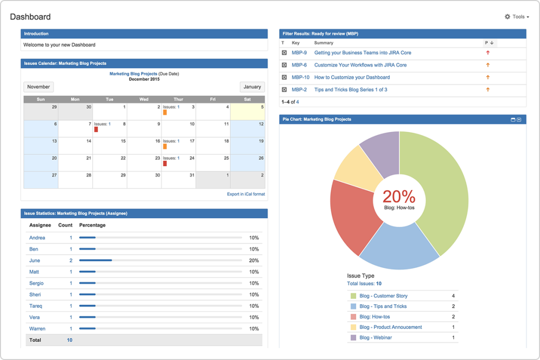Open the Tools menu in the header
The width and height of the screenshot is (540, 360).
click(517, 17)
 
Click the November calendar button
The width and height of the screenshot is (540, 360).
click(38, 87)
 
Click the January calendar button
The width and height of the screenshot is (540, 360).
click(252, 87)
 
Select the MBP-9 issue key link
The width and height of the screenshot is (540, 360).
click(299, 53)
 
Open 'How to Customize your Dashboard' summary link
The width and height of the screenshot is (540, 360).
click(352, 77)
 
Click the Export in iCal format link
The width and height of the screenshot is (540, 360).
click(246, 194)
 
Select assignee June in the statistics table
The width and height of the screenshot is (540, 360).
click(34, 260)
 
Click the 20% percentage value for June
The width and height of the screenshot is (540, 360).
click(254, 260)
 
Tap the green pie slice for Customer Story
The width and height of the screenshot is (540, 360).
click(443, 190)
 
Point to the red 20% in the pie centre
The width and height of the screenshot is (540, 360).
click(399, 197)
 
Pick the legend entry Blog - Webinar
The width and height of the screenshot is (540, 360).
click(375, 337)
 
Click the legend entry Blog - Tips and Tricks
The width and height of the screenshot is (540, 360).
click(383, 306)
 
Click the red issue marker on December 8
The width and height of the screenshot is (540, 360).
click(96, 129)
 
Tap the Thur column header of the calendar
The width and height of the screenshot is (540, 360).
click(178, 99)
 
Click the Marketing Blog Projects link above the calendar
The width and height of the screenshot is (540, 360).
click(133, 74)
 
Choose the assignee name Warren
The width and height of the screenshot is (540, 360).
click(37, 328)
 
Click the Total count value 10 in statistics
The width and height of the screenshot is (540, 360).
click(69, 340)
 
